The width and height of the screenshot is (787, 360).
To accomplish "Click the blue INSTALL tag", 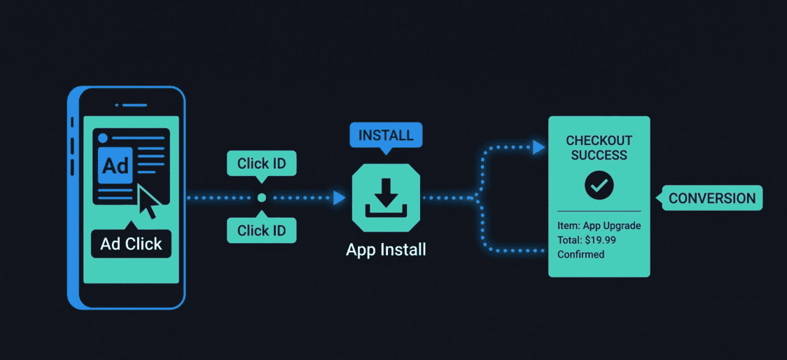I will pos(386,134).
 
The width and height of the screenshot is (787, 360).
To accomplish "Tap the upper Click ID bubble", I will pos(262,164).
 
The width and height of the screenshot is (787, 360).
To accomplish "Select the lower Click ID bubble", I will pos(262,230).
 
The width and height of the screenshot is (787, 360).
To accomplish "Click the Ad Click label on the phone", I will pos(131,244).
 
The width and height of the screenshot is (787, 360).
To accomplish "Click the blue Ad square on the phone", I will pos(116,165).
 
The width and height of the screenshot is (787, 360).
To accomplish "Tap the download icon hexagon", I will pos(386,198).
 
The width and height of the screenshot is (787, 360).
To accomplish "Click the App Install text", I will pos(386,249).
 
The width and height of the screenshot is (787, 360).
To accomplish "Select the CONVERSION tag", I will pos(712,198).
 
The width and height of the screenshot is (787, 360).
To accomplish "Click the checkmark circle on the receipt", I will pos(599,185).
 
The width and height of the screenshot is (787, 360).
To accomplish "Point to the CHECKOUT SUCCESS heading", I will pos(599,148).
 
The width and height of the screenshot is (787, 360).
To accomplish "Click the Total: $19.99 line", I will pos(586,240).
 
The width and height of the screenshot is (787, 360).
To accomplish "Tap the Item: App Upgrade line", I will pos(599,226).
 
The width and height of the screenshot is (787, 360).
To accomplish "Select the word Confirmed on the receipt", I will pos(580,254).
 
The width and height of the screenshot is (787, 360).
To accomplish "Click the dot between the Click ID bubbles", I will pos(262,198).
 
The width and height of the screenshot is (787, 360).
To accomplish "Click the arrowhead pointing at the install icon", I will pos(340,198).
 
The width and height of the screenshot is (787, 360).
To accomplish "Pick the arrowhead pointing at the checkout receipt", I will pos(538,147).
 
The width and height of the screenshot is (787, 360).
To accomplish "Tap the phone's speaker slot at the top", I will pos(130,105).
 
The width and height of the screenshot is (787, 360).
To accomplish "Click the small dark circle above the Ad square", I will pos(103,137).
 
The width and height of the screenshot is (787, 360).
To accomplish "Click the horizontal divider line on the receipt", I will pos(599,211).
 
